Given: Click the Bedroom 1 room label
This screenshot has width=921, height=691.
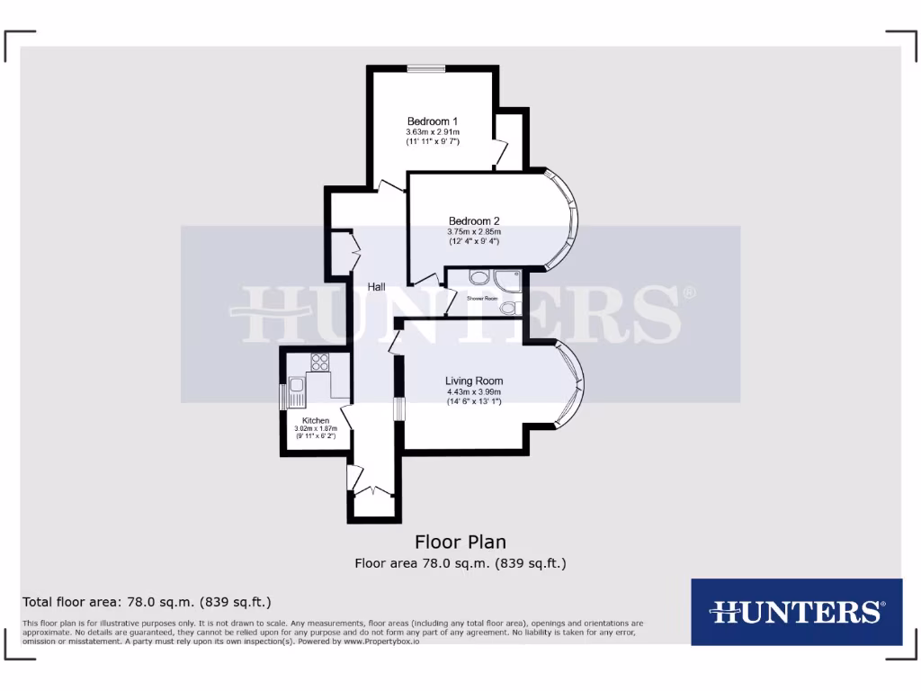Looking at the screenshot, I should pos(433,121).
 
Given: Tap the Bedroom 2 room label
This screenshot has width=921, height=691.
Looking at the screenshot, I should pos(474,221).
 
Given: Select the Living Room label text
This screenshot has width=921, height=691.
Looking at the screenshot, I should pos(474,380).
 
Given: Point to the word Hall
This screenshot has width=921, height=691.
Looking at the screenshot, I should pos(377,287).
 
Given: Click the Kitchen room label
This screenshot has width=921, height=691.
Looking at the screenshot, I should pos(315,420).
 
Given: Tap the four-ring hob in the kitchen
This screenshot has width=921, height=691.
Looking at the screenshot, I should pos(319,363).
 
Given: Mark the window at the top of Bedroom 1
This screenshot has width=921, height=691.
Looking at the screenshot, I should pos(425,68).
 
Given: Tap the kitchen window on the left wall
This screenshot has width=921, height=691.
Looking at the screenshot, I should pos(282,396).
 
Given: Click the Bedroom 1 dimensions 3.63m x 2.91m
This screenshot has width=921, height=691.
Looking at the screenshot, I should pos(433,132).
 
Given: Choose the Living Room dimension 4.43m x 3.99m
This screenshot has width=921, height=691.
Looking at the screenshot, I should pos(474,391).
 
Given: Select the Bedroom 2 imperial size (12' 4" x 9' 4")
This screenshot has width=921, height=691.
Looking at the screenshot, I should pos(474,241).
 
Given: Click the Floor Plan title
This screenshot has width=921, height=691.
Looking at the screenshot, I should pos(460,542).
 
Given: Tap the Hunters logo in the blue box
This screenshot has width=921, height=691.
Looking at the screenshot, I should pos(796,612).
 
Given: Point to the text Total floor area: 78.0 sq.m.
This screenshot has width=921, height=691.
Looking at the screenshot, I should pos(147,602).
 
